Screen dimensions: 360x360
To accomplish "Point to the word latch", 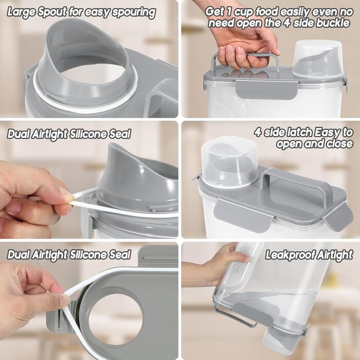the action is pos(300,132).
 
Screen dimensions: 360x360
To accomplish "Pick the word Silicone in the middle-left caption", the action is pos(92,134).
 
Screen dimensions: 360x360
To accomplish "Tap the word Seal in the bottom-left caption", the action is pos(123,255).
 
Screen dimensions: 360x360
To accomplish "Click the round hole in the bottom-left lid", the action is pos(116,319).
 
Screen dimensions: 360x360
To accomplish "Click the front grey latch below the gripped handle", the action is pos(266,89).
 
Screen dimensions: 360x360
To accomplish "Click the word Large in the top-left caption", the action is pos(22,12).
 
